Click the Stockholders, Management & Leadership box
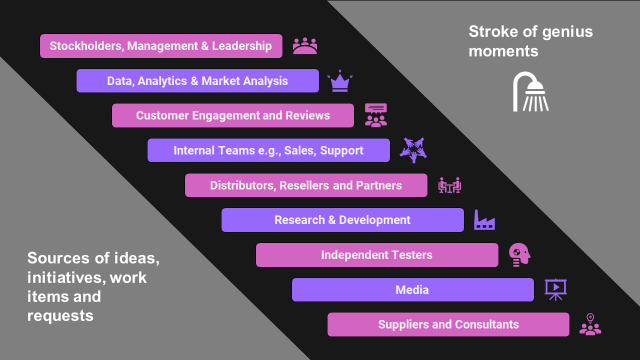[x=161, y=46]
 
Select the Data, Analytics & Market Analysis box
[x=197, y=81]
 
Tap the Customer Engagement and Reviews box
[x=233, y=115]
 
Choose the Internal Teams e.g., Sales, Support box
[x=268, y=150]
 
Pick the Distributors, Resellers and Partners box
[x=306, y=185]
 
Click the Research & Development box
[x=342, y=220]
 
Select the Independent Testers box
[x=377, y=255]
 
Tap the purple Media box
[x=412, y=290]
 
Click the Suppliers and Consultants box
[x=448, y=324]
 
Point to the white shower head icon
[x=530, y=92]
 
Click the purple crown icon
[x=340, y=81]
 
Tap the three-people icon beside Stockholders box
[x=305, y=46]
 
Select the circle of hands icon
[x=413, y=150]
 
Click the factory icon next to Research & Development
[x=484, y=220]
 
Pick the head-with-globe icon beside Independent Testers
[x=519, y=254]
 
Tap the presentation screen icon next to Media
[x=555, y=289]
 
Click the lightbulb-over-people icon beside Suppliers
[x=590, y=324]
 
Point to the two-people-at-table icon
[x=449, y=185]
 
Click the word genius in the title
[x=566, y=32]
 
